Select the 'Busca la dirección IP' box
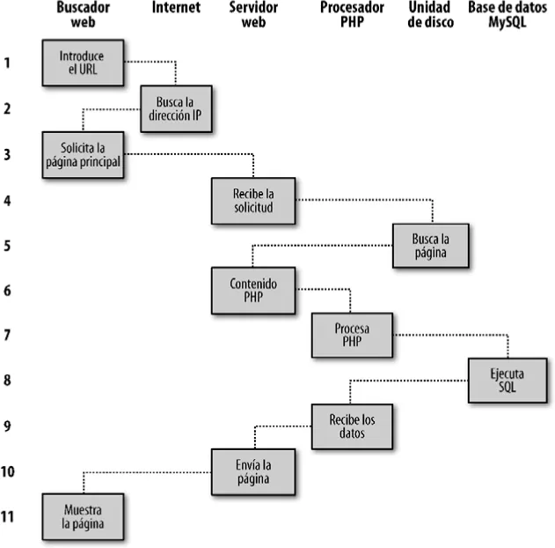point(179,107)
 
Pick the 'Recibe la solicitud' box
point(253,200)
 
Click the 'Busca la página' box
point(431,245)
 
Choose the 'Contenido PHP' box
point(253,291)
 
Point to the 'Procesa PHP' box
point(351,336)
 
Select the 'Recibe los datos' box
point(351,426)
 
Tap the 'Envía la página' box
point(253,472)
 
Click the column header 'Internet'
point(175,8)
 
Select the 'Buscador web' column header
point(82,15)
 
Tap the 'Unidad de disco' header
point(431,15)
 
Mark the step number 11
point(8,516)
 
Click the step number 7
point(7,336)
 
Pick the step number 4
point(7,200)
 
